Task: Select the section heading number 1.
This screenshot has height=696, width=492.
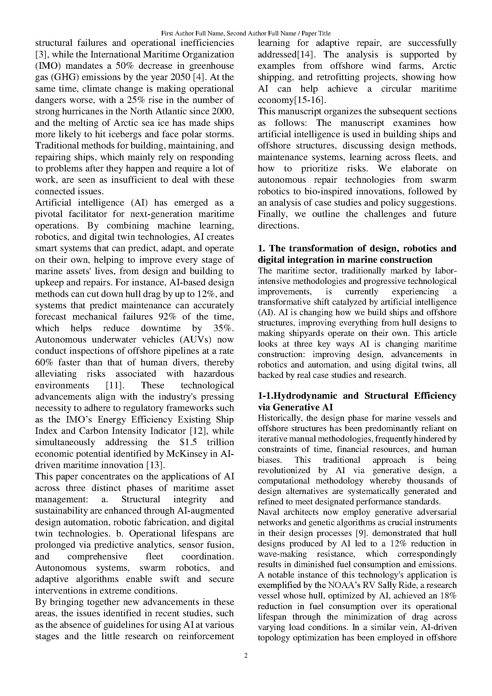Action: point(261,248)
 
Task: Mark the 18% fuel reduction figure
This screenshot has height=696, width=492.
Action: point(448,596)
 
